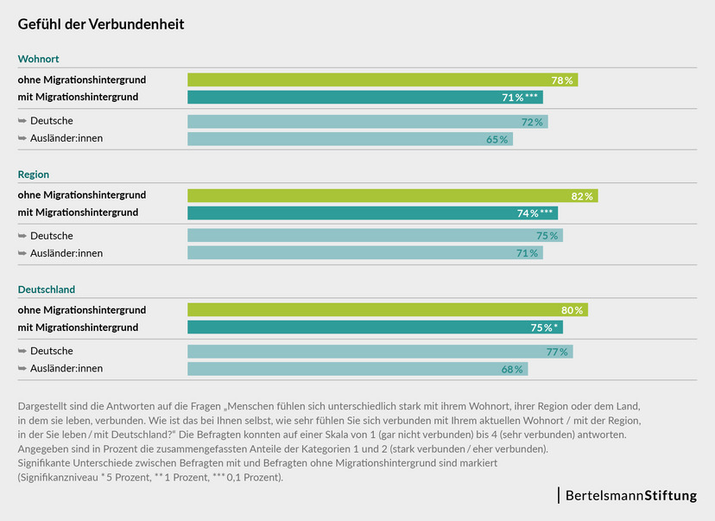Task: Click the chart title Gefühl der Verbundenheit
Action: pyautogui.click(x=101, y=24)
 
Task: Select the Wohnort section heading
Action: pyautogui.click(x=39, y=60)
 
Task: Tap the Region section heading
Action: pyautogui.click(x=34, y=175)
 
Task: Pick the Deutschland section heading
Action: pyautogui.click(x=46, y=289)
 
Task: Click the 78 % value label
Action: pyautogui.click(x=562, y=80)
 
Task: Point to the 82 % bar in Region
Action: pyautogui.click(x=392, y=195)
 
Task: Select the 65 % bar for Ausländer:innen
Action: pyautogui.click(x=350, y=138)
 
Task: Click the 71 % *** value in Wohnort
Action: pyautogui.click(x=520, y=98)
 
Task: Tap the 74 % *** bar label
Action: pyautogui.click(x=535, y=213)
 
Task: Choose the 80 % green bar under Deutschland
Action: pyautogui.click(x=387, y=310)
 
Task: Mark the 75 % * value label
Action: pyautogui.click(x=544, y=327)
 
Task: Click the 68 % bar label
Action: pyautogui.click(x=512, y=369)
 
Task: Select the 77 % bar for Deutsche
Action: pyautogui.click(x=380, y=352)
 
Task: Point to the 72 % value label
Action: pyautogui.click(x=532, y=122)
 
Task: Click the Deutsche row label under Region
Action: pyautogui.click(x=51, y=236)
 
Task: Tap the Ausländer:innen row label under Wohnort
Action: pyautogui.click(x=66, y=138)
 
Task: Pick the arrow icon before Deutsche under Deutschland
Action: pyautogui.click(x=22, y=352)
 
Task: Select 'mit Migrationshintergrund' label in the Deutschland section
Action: pyautogui.click(x=78, y=327)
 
